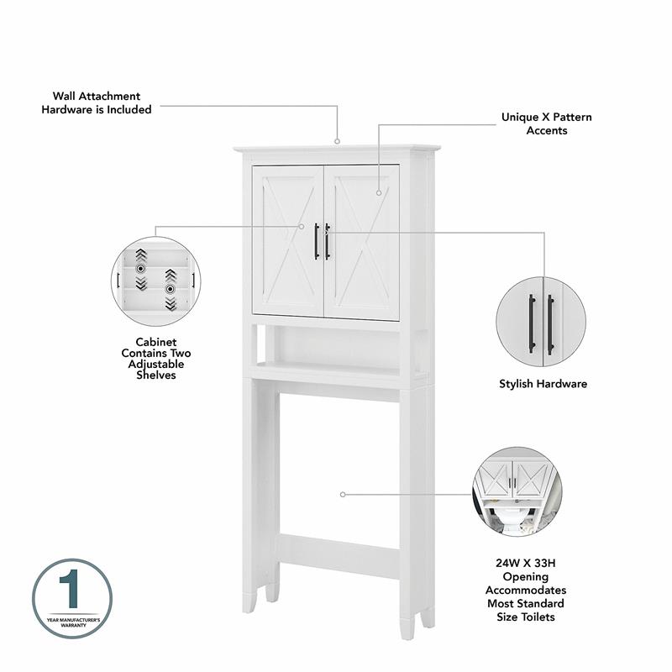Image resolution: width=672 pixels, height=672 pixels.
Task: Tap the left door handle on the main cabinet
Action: tap(317, 241)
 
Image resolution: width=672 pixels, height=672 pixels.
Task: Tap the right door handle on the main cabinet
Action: tap(328, 241)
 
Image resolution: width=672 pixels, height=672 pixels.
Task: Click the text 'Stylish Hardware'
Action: tap(543, 384)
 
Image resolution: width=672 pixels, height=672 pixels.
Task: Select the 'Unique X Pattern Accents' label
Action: tap(546, 123)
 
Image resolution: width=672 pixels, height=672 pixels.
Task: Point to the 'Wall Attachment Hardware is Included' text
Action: tap(97, 102)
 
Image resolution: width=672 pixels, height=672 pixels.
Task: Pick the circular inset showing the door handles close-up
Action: tap(542, 323)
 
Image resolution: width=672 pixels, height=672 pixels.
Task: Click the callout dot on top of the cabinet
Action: tap(338, 141)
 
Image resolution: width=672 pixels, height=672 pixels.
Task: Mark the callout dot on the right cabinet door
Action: tap(378, 193)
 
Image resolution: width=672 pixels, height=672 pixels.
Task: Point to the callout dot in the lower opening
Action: tap(343, 495)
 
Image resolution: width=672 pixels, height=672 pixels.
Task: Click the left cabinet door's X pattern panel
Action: tap(288, 241)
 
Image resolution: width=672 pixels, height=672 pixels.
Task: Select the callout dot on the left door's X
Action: tap(302, 225)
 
